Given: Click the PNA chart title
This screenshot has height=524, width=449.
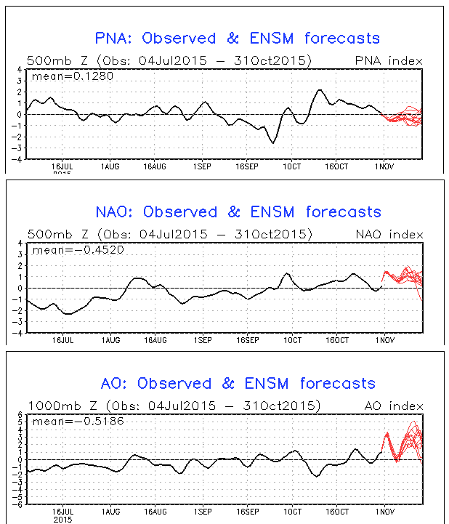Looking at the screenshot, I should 238,39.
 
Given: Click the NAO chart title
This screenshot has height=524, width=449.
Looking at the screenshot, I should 238,212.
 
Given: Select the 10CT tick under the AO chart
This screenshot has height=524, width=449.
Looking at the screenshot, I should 292,512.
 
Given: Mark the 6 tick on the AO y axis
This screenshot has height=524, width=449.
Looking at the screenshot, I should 21,414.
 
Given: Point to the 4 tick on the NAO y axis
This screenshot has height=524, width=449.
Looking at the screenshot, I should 21,243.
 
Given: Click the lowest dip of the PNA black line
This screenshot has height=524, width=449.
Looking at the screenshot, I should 273,143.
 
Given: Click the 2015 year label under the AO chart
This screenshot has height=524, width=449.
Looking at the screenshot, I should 63,520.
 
